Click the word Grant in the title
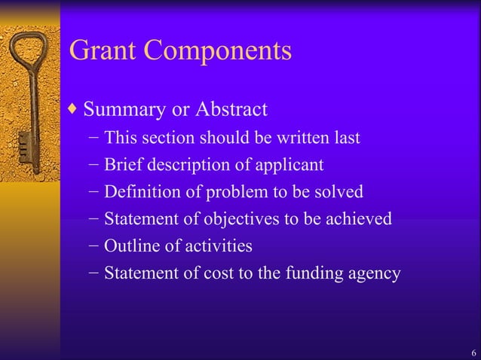104,50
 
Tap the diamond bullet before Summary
72,109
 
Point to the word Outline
127,246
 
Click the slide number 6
473,353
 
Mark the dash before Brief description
92,165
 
